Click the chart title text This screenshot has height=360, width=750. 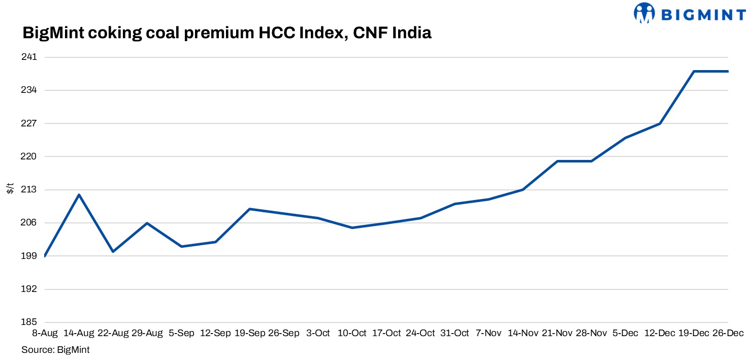226,34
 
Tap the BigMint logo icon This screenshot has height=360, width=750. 644,13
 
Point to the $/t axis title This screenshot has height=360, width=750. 10,189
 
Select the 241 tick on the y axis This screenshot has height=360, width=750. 30,57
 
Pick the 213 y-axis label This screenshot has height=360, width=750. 30,190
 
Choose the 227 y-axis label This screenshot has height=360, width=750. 30,123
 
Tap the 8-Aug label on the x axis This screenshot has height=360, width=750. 45,333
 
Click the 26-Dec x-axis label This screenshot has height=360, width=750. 728,333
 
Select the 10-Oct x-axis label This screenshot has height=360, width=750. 352,333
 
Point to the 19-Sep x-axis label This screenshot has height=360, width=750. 249,333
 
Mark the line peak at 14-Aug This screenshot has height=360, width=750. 79,194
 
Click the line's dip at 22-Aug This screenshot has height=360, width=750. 113,251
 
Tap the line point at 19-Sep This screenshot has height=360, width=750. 249,209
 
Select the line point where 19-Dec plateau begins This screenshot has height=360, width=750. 694,71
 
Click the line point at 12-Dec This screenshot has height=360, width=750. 660,123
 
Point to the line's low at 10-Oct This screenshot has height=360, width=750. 352,227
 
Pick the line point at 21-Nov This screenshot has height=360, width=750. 557,161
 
